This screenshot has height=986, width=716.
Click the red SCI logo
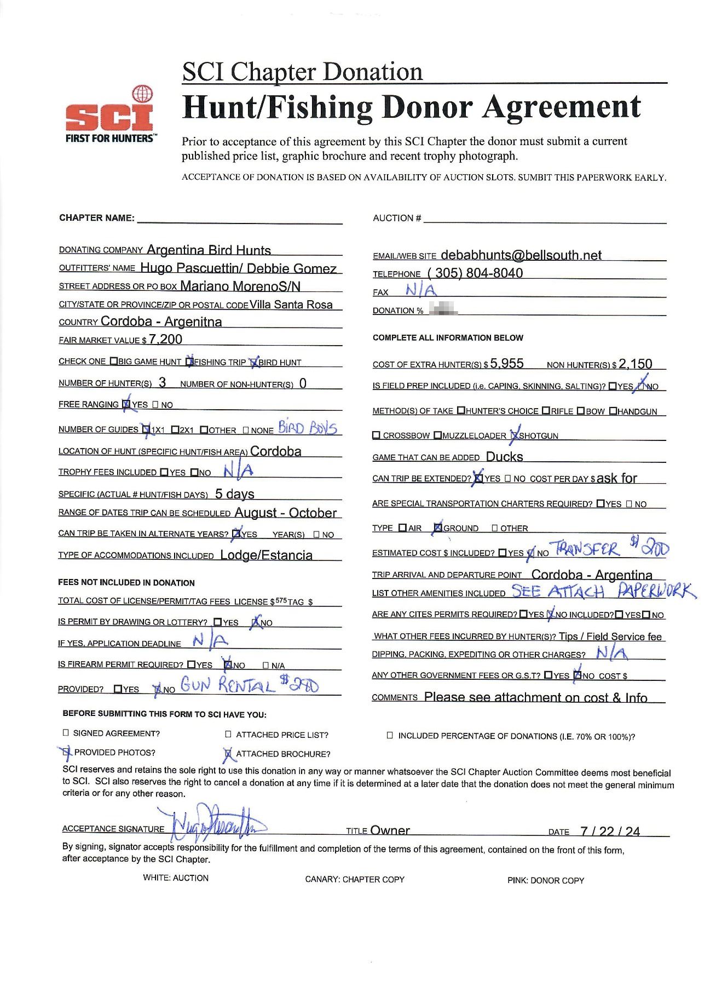click(109, 116)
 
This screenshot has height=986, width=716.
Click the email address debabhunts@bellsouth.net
click(521, 255)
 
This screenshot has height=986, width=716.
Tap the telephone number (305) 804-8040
click(475, 273)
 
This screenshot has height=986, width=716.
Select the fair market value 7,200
click(165, 340)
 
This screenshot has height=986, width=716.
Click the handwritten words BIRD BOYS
click(307, 427)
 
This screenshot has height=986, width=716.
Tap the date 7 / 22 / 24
click(610, 832)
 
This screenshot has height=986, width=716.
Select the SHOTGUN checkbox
click(514, 435)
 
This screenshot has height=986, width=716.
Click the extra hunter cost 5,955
click(507, 364)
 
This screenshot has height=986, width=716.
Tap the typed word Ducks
click(504, 457)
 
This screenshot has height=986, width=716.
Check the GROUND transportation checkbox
click(438, 528)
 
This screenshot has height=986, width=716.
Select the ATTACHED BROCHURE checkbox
click(228, 754)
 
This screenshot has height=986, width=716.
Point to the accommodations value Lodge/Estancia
click(266, 555)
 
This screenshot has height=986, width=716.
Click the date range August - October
click(285, 513)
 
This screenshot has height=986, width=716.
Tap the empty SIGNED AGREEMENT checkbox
click(66, 733)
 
